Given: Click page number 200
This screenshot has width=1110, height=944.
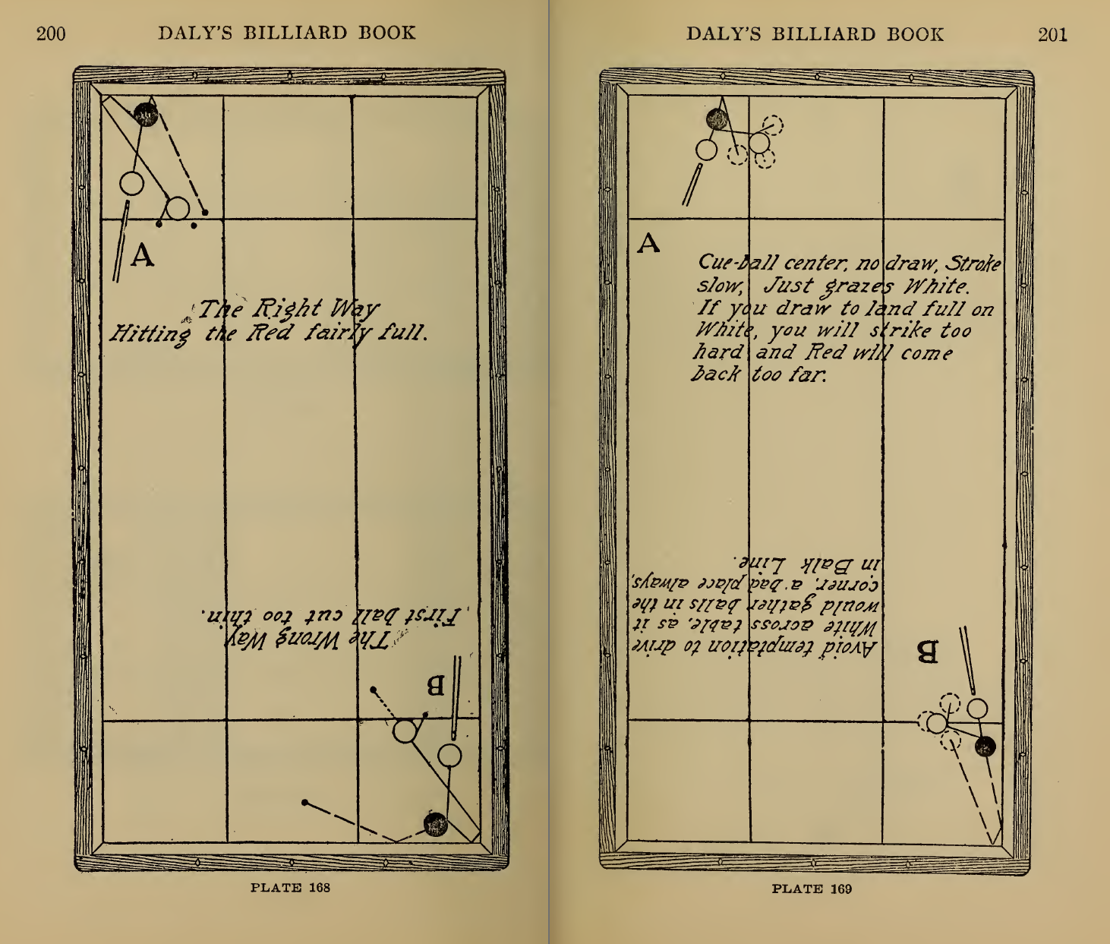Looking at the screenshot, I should (x=51, y=33).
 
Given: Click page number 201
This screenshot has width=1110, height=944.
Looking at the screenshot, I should (x=1052, y=34).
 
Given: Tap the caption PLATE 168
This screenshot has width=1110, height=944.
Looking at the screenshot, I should (x=290, y=887).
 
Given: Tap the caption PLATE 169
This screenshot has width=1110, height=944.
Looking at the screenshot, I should (x=812, y=889).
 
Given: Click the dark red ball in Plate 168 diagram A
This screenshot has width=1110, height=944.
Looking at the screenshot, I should (x=146, y=115).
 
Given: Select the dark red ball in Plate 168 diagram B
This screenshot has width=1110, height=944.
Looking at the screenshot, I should (x=436, y=824).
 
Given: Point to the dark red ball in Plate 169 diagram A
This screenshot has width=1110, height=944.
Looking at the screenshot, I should (x=717, y=119).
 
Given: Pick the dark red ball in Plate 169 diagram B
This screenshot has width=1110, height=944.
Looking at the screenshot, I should (x=985, y=747).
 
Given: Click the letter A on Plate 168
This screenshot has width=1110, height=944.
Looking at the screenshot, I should (x=142, y=256).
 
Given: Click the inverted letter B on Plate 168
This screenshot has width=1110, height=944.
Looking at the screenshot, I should (x=435, y=686).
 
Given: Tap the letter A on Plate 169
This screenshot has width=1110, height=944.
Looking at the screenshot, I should (x=648, y=244).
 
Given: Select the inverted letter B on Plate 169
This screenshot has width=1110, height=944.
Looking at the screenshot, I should (x=927, y=652).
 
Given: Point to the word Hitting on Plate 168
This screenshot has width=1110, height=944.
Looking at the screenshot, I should (x=150, y=333).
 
